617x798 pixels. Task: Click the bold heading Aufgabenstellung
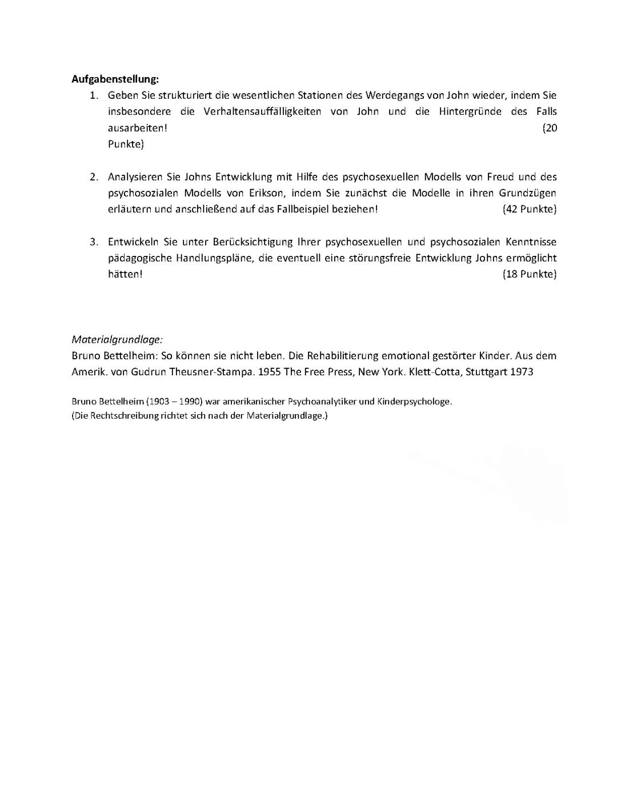point(115,79)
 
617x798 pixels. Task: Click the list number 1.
point(94,95)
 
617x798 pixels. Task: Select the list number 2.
point(94,177)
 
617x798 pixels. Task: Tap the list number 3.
point(94,242)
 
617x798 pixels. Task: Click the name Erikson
point(267,193)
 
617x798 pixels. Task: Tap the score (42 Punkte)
point(529,209)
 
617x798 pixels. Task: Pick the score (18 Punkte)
point(529,274)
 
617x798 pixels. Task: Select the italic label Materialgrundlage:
point(117,339)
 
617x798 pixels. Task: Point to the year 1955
point(271,372)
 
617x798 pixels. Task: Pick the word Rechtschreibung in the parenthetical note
point(123,415)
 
